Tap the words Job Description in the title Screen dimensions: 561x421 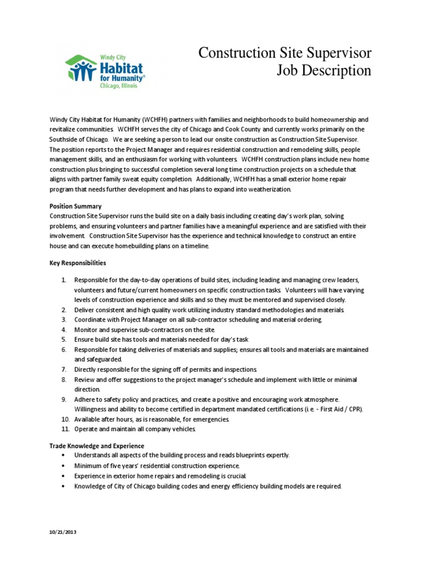click(325, 71)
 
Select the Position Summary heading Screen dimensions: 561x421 click(75, 206)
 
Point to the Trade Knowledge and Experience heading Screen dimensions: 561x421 click(96, 446)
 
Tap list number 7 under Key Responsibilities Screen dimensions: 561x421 click(64, 370)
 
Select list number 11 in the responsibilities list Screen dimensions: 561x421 click(64, 429)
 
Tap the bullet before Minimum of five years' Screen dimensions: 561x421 click(64, 466)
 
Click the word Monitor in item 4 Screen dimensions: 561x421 click(86, 330)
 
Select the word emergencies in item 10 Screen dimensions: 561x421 click(204, 419)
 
